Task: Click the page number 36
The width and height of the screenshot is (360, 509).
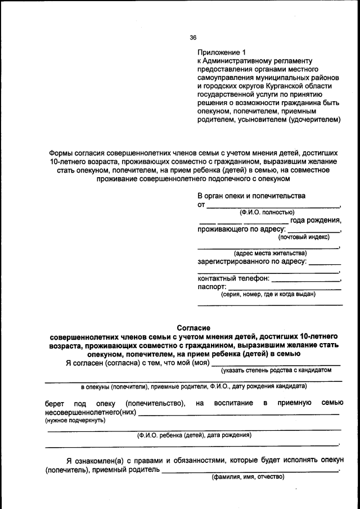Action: point(193,38)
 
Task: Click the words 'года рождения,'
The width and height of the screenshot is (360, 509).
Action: point(316,220)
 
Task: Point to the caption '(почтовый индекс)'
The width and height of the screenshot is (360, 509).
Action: point(304,237)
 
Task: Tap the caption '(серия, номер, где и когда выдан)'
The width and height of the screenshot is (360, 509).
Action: point(268,294)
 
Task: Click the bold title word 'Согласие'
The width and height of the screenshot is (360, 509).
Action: point(193,327)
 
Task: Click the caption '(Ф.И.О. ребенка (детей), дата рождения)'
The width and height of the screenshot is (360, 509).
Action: point(194,435)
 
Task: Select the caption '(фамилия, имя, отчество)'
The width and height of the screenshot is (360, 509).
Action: point(248,477)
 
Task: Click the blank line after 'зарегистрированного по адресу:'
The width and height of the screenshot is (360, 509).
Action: point(325,263)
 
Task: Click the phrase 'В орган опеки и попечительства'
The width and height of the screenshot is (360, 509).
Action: point(251,196)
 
